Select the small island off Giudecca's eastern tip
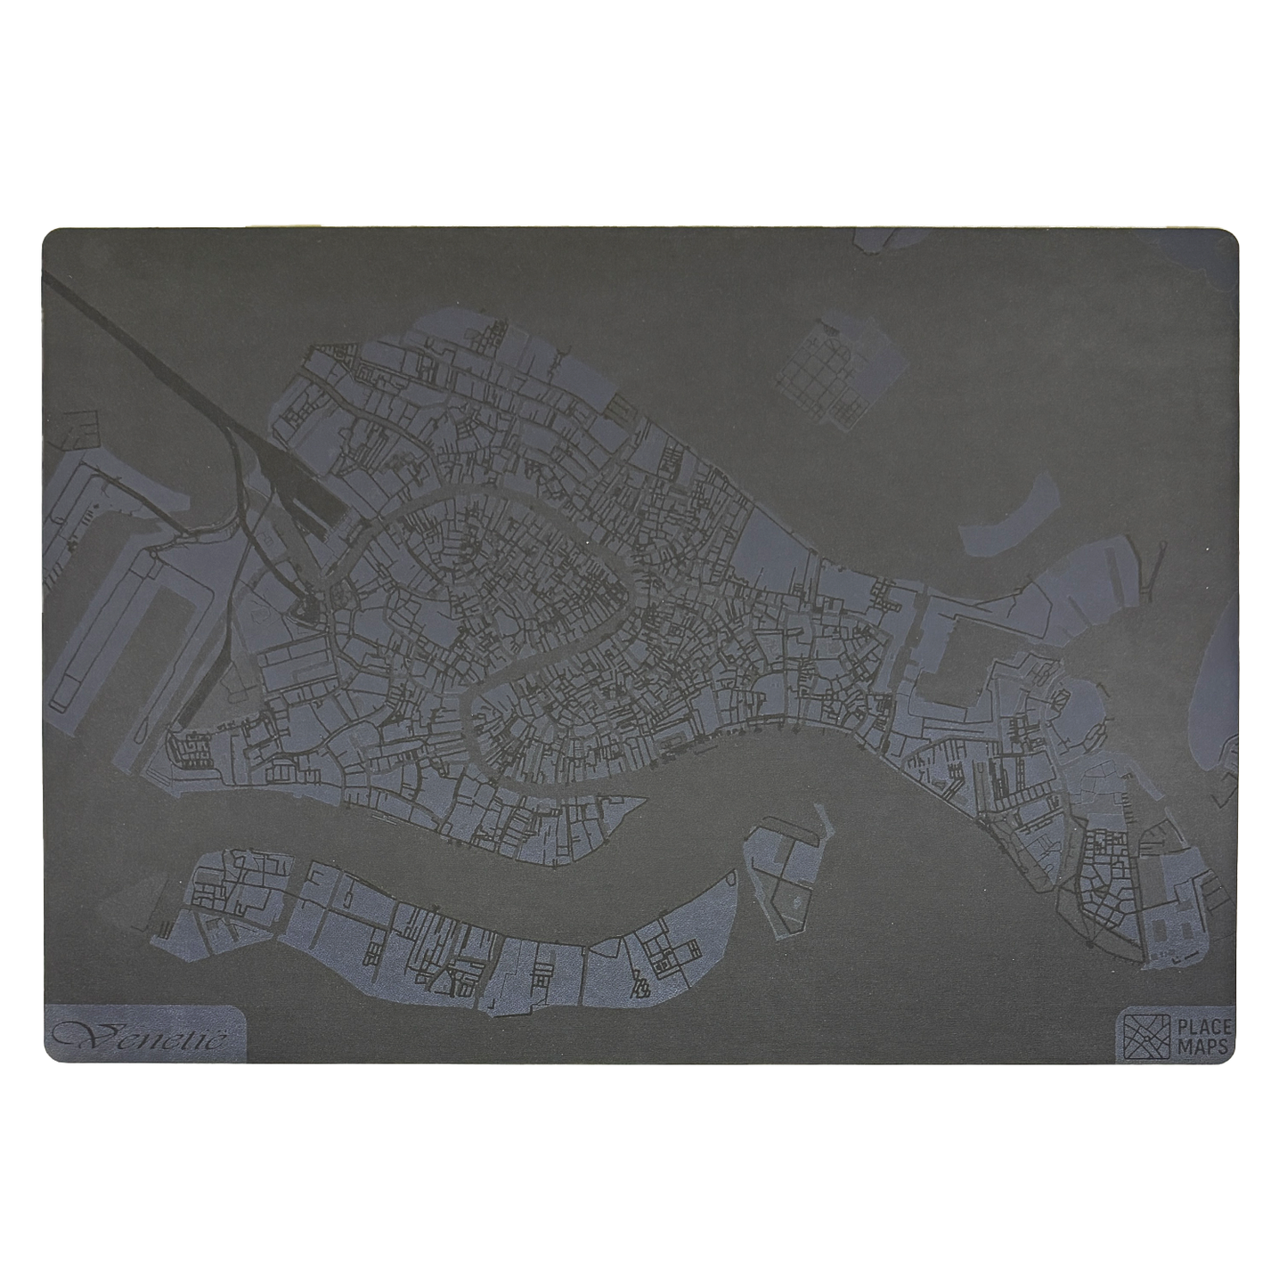click(782, 868)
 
